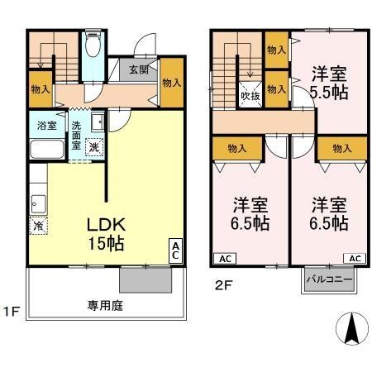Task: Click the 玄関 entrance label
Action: (138, 70)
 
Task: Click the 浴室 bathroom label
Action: (46, 126)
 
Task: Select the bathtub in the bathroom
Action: (46, 150)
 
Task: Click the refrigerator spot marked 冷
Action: (38, 224)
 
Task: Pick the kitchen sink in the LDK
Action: (37, 201)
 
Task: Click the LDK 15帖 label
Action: (107, 234)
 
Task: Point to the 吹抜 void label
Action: (250, 95)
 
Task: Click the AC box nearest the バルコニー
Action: (355, 258)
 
